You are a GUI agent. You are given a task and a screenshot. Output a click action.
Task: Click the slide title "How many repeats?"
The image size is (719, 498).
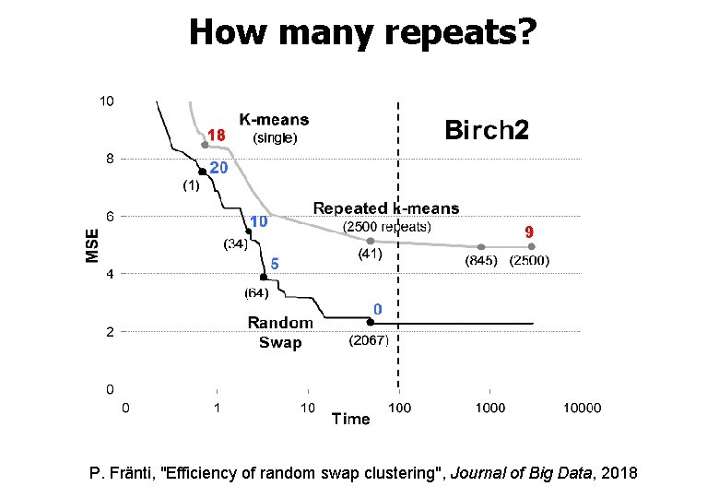pos(360,33)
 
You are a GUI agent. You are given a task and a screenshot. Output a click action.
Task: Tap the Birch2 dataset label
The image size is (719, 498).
pos(487,130)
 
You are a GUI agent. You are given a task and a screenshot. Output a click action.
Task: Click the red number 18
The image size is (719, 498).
pos(217,136)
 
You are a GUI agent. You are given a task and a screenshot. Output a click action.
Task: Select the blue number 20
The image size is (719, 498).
pos(218,168)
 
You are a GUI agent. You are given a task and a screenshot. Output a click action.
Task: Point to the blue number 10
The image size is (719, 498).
pos(259,222)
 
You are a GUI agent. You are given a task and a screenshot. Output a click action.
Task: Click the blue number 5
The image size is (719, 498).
pos(274,264)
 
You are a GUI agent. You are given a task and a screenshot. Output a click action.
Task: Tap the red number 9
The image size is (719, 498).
pos(530,231)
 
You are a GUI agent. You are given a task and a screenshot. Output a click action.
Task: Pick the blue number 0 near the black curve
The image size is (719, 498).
pos(377,309)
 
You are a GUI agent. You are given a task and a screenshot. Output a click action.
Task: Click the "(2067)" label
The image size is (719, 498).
pos(370,340)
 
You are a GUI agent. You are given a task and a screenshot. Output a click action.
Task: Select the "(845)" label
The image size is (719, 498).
pos(482,261)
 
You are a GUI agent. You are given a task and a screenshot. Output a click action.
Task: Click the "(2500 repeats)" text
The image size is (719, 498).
pos(387,227)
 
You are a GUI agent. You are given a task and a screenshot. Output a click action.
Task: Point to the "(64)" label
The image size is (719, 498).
pos(256,293)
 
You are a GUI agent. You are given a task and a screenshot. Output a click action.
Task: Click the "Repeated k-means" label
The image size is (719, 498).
pos(386,208)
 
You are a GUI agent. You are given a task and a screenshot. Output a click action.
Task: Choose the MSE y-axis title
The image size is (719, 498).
pos(92,244)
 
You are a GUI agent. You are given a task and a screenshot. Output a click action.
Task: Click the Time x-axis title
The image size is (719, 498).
pos(350,419)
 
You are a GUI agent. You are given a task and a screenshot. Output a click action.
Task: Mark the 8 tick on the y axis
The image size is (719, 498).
pos(108,159)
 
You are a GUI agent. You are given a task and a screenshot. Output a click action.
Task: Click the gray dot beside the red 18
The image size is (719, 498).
pos(205,144)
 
